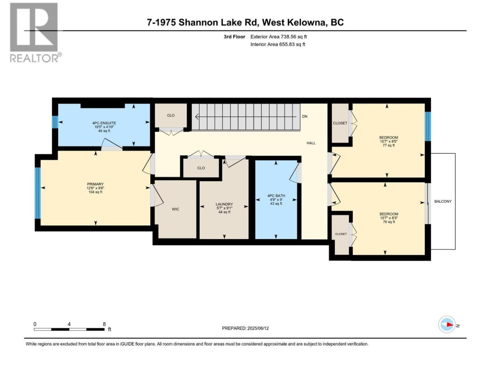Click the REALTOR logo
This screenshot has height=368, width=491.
[35, 33]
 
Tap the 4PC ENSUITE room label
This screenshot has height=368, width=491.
[104, 123]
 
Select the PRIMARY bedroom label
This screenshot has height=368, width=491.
[95, 184]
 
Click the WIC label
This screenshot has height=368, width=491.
[175, 209]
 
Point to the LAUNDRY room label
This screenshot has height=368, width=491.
[224, 204]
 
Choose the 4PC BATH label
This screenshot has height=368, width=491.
[276, 196]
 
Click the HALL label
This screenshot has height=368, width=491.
[311, 143]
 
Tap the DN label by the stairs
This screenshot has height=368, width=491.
[305, 117]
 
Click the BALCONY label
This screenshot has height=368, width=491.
[443, 201]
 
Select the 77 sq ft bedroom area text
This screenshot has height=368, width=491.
[389, 145]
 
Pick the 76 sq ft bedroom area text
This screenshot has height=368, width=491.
[389, 222]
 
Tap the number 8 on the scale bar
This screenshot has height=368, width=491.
[104, 324]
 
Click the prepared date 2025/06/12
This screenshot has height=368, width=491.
[258, 328]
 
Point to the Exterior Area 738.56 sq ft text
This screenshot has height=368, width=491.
[278, 37]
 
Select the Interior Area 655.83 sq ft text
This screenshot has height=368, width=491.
[278, 44]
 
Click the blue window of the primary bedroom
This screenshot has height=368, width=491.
[38, 193]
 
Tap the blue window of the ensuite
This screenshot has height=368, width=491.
[55, 122]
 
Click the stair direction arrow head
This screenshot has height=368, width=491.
[197, 117]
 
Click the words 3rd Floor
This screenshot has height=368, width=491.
[234, 37]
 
